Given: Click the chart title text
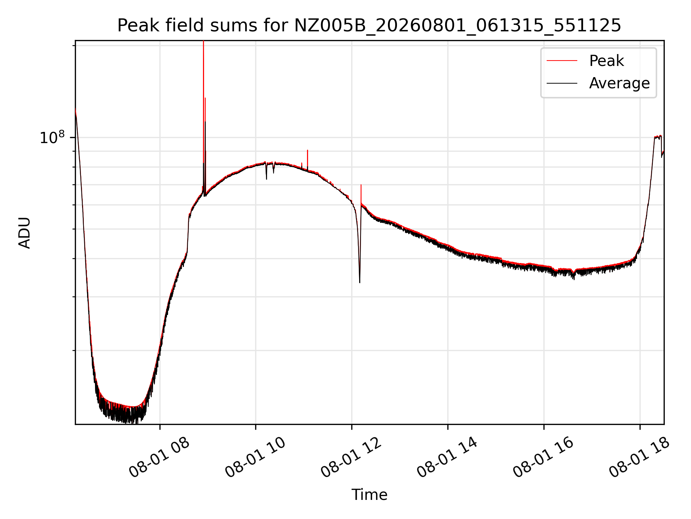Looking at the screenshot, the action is click(x=369, y=26).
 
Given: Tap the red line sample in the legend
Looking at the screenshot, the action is click(x=562, y=61).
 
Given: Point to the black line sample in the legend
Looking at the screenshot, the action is click(x=562, y=83).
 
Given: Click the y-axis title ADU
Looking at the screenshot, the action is click(x=24, y=233).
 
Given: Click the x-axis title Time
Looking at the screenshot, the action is click(x=369, y=495).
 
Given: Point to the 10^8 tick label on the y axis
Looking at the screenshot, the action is click(x=52, y=137).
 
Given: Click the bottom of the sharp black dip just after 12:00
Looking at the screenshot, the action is click(x=360, y=282).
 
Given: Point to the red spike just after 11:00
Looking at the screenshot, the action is click(x=307, y=159).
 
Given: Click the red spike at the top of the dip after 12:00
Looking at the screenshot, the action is click(x=361, y=193).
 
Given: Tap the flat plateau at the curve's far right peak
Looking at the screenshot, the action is click(x=658, y=137).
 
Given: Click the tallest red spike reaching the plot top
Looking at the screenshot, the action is click(x=204, y=108).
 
